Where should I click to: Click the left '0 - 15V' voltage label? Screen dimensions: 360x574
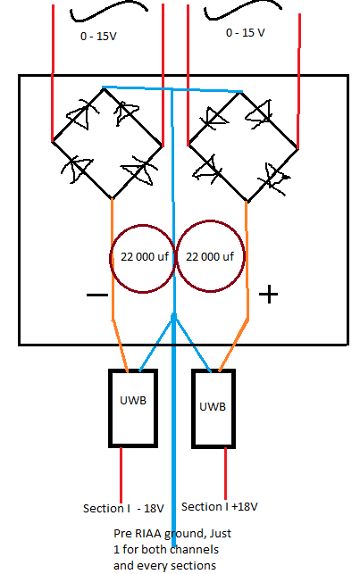98,37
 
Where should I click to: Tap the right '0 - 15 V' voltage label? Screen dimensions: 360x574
245,32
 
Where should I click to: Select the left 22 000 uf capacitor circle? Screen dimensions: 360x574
111,259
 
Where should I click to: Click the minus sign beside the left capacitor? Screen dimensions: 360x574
97,295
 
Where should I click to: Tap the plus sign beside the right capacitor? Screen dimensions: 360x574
269,295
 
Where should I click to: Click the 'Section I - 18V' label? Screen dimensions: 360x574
123,509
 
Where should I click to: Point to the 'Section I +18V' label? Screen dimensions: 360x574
220,507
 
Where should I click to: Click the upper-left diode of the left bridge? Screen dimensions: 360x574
81,114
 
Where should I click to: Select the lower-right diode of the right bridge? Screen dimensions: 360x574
274,179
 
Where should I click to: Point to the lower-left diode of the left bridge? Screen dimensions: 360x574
76,169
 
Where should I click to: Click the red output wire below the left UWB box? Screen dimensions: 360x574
121,475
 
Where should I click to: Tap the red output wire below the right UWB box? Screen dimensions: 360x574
225,474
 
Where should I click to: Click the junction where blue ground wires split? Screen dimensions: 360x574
174,317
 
